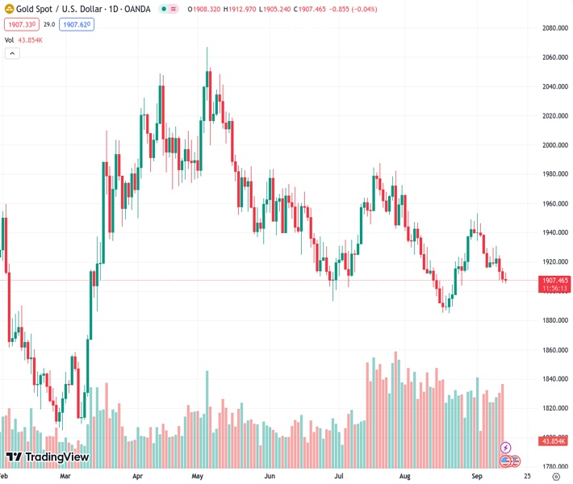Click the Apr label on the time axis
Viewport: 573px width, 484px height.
click(x=138, y=477)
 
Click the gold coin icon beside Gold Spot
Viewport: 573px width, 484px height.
click(x=9, y=8)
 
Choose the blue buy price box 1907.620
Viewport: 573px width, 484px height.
click(x=77, y=25)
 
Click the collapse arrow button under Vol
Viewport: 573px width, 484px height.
click(x=12, y=53)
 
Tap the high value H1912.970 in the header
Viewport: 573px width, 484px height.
click(x=236, y=8)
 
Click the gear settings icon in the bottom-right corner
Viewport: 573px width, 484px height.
click(x=556, y=477)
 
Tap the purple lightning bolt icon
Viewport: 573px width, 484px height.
click(x=506, y=447)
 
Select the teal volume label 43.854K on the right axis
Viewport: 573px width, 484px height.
click(x=553, y=440)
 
